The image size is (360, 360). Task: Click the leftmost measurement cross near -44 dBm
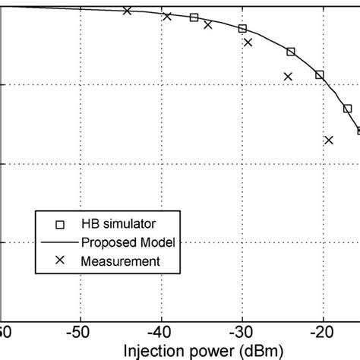pyautogui.click(x=127, y=11)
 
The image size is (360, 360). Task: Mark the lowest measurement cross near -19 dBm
pyautogui.click(x=329, y=140)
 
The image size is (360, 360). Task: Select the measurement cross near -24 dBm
pyautogui.click(x=288, y=76)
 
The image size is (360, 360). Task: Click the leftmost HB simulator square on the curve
pyautogui.click(x=194, y=17)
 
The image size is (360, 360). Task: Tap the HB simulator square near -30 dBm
pyautogui.click(x=242, y=29)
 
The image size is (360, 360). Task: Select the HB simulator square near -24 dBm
pyautogui.click(x=291, y=52)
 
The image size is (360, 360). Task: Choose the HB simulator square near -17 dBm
pyautogui.click(x=348, y=109)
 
